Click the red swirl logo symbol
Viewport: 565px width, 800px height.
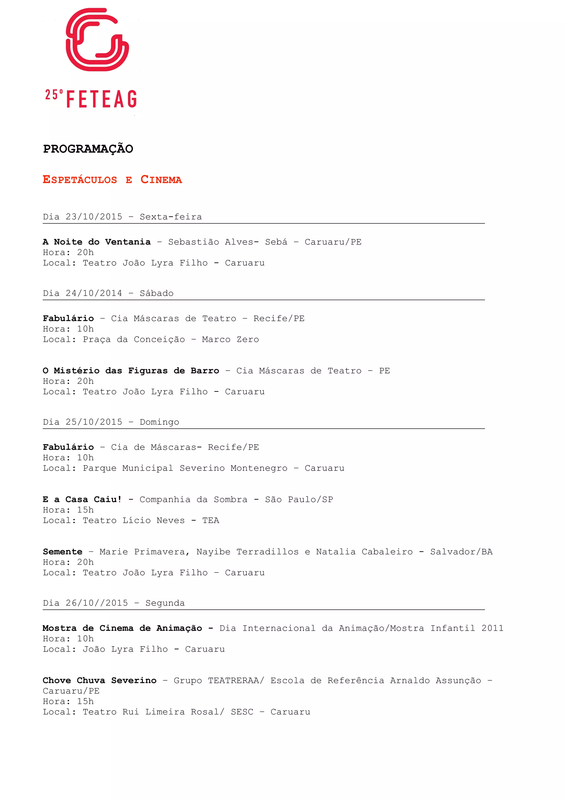click(x=97, y=40)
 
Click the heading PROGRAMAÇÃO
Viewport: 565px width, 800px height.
click(x=88, y=149)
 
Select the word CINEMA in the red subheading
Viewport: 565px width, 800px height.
click(x=161, y=180)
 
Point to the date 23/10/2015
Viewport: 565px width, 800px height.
click(x=94, y=217)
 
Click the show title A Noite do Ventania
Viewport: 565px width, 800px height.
click(x=97, y=242)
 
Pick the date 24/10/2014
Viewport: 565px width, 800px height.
click(x=94, y=293)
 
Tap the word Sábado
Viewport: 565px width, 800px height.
click(x=157, y=293)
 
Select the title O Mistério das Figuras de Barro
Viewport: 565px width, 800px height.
click(x=131, y=371)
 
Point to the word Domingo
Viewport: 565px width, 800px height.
click(x=159, y=422)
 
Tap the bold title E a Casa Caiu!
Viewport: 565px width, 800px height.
click(x=82, y=499)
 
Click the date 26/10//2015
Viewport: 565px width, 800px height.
click(x=97, y=603)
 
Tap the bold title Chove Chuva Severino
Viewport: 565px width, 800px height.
click(x=100, y=680)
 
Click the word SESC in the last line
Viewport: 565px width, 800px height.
click(x=242, y=712)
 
